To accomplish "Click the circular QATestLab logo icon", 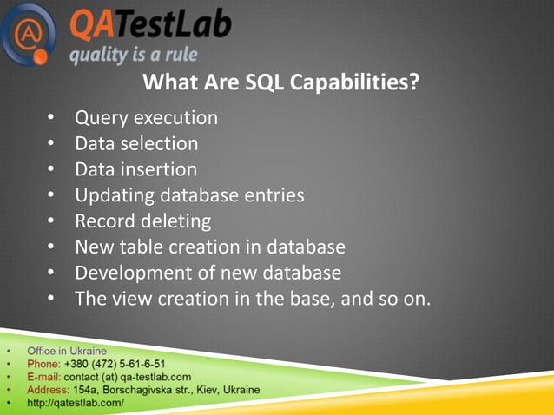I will pyautogui.click(x=29, y=33).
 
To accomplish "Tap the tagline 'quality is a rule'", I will pyautogui.click(x=133, y=56).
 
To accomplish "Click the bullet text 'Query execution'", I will pyautogui.click(x=146, y=116).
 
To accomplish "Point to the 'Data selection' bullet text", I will pyautogui.click(x=136, y=142).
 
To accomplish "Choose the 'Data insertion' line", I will pyautogui.click(x=135, y=168).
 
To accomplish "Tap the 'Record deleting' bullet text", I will pyautogui.click(x=142, y=221).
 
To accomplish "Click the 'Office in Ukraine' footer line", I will pyautogui.click(x=67, y=352).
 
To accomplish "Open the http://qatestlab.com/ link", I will pyautogui.click(x=76, y=404).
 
